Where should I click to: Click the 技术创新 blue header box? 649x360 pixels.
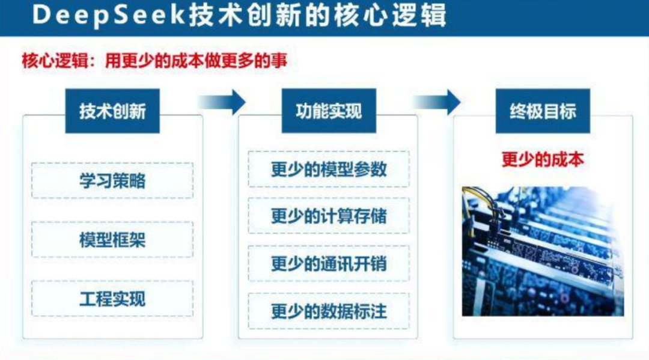pos(112,111)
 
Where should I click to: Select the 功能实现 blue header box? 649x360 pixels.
pos(329,111)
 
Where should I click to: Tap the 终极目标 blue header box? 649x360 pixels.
pos(543,111)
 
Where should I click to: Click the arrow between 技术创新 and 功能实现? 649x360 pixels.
pos(223,102)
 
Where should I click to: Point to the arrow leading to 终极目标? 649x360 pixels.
pos(437,102)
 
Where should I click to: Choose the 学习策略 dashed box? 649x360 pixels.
pos(112,180)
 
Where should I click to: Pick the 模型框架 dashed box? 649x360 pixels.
pos(112,240)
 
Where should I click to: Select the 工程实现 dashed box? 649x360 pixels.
pos(112,299)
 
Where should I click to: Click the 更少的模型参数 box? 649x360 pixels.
pos(329,169)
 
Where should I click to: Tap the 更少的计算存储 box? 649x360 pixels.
pos(329,216)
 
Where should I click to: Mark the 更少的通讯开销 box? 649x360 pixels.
pos(329,263)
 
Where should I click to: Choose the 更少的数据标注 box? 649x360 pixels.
pos(329,311)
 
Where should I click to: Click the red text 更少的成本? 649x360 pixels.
pos(543,159)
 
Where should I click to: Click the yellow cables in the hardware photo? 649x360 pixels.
pos(481,201)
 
